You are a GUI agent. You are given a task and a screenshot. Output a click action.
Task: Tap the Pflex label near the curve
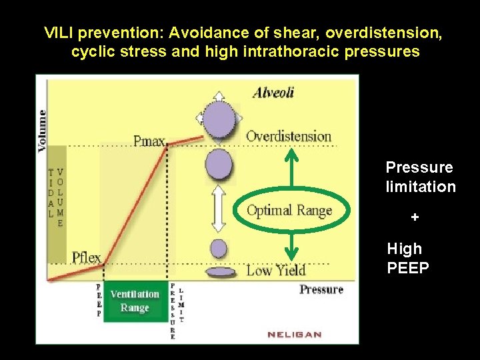tap(87, 257)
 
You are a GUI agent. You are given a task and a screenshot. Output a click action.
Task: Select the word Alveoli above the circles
tap(273, 93)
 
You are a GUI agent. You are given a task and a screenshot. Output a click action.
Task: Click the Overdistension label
tap(289, 137)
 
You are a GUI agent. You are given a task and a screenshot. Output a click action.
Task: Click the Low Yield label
tap(276, 270)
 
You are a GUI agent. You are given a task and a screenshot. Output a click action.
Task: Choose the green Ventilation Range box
tap(135, 301)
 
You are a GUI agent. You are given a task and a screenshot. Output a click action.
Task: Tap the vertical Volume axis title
tap(42, 131)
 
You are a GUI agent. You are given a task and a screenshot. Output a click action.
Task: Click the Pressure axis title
tap(321, 289)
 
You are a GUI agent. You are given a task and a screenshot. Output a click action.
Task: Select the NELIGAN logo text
tap(295, 335)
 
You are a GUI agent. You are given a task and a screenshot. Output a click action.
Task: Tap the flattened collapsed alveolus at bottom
tap(221, 272)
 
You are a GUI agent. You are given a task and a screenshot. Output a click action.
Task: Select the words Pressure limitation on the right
tap(421, 177)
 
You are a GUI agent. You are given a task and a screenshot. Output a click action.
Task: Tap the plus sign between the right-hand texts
tap(415, 217)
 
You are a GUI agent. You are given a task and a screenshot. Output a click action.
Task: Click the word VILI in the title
tap(58, 33)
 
